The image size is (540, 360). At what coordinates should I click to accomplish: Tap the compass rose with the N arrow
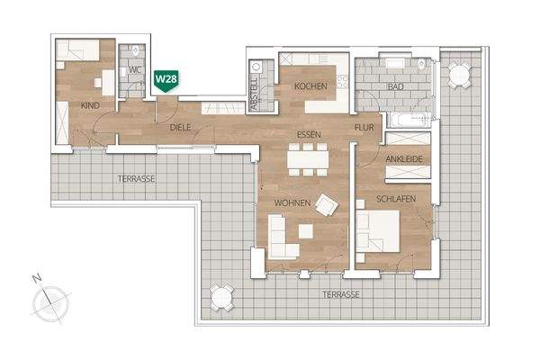pyautogui.click(x=50, y=299)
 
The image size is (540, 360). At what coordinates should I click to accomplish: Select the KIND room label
pyautogui.click(x=89, y=106)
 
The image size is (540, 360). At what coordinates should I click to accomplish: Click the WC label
pyautogui.click(x=136, y=68)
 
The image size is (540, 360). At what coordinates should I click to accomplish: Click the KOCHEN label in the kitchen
pyautogui.click(x=309, y=86)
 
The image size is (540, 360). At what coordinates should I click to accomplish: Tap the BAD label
pyautogui.click(x=394, y=86)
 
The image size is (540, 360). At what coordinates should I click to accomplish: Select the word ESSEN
pyautogui.click(x=310, y=134)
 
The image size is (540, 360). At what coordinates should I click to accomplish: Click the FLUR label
pyautogui.click(x=364, y=128)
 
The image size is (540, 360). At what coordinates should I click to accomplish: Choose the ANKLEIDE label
pyautogui.click(x=403, y=160)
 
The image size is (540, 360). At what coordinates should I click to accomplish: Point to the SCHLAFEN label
pyautogui.click(x=396, y=199)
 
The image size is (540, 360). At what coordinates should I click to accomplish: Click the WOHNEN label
pyautogui.click(x=292, y=204)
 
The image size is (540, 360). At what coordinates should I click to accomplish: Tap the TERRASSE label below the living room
pyautogui.click(x=344, y=294)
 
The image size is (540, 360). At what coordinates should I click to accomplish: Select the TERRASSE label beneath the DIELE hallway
pyautogui.click(x=137, y=179)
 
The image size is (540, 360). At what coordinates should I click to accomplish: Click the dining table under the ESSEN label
pyautogui.click(x=308, y=159)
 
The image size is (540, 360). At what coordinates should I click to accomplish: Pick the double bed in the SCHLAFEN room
pyautogui.click(x=380, y=231)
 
